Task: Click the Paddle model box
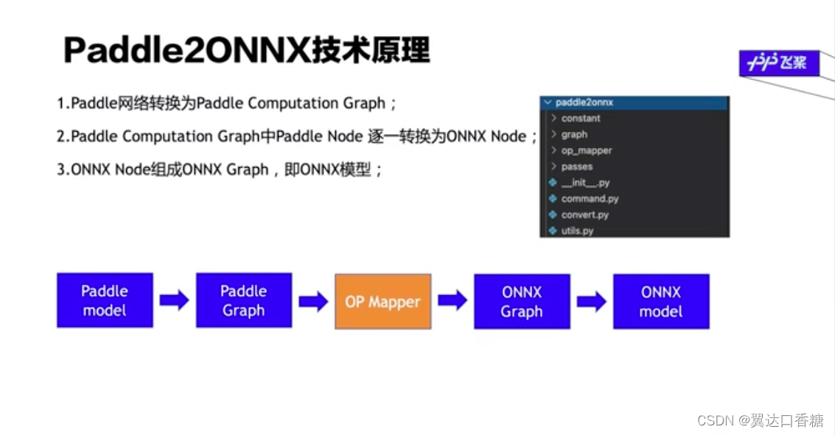click(x=105, y=300)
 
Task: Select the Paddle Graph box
click(x=243, y=300)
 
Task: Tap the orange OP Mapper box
click(x=382, y=301)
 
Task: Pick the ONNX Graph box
click(x=522, y=301)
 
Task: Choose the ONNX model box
click(x=661, y=301)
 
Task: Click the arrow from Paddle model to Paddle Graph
click(x=174, y=300)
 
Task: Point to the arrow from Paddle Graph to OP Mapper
click(x=313, y=301)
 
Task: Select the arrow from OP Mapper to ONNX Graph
click(x=453, y=300)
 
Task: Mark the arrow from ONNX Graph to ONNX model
click(x=591, y=301)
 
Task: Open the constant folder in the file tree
click(x=581, y=119)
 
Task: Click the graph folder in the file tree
click(x=574, y=135)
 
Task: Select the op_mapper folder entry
click(x=587, y=151)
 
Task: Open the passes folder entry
click(x=576, y=167)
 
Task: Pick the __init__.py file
click(x=584, y=183)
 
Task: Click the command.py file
click(x=590, y=199)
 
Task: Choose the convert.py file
click(x=584, y=215)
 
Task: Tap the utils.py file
click(x=577, y=231)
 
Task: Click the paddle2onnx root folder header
click(x=584, y=103)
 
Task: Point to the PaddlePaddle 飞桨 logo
click(x=778, y=63)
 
